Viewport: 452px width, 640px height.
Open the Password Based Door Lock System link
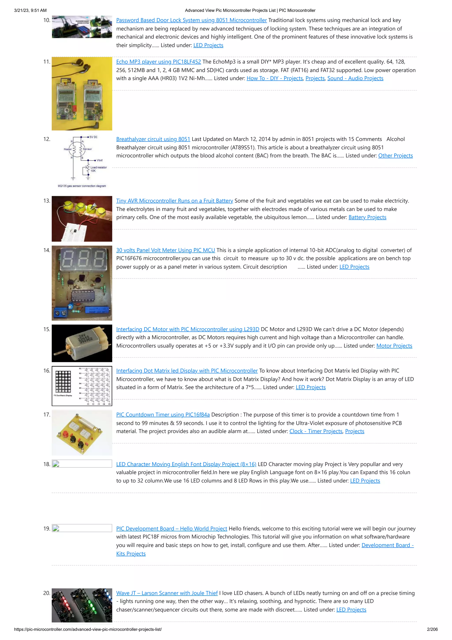click(191, 20)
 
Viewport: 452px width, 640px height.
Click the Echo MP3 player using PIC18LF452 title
click(158, 62)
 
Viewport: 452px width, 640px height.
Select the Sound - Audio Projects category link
click(355, 78)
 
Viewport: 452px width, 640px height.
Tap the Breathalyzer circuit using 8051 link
click(153, 139)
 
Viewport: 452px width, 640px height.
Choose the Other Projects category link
click(395, 156)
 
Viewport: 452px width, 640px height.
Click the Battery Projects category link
click(367, 217)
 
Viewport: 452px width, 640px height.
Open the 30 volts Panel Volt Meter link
click(166, 250)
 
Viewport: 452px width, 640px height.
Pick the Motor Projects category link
click(394, 346)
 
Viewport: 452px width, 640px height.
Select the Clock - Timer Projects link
click(316, 431)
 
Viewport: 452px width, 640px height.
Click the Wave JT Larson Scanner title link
click(167, 593)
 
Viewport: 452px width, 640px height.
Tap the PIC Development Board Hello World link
click(171, 528)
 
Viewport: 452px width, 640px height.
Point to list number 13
click(47, 201)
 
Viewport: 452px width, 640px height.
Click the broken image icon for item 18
click(56, 464)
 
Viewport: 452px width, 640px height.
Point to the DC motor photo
click(82, 343)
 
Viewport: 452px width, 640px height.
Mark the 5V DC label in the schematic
click(93, 137)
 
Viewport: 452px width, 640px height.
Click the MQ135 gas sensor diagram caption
click(82, 186)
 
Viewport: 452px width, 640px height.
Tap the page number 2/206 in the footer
click(432, 629)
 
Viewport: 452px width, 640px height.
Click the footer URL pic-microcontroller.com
click(88, 629)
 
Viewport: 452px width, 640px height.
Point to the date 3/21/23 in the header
click(22, 10)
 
